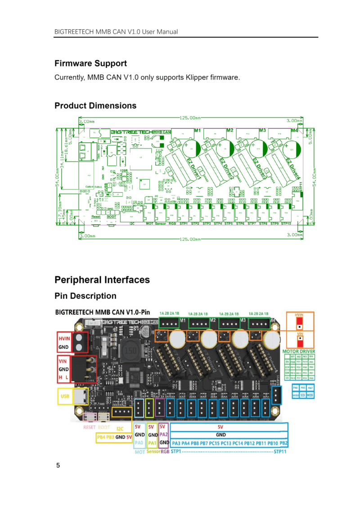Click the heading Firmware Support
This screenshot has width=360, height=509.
pos(90,63)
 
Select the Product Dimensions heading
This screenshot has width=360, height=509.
pos(95,106)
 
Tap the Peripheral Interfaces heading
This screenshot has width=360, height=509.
pos(102,279)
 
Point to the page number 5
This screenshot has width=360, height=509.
pos(58,465)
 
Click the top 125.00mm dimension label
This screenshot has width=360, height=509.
pos(190,117)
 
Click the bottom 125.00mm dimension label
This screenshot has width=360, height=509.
pos(190,239)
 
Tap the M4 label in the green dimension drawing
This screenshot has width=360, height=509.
pos(294,131)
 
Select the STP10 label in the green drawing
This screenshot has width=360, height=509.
pos(286,223)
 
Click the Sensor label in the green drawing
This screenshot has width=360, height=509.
pos(160,223)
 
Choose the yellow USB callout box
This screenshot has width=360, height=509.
pos(65,396)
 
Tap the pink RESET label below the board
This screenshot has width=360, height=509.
pos(90,427)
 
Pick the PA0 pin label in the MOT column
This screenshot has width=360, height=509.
pos(139,443)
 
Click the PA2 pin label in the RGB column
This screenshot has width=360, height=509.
pos(164,435)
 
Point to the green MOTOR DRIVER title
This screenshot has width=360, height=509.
pos(298,351)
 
